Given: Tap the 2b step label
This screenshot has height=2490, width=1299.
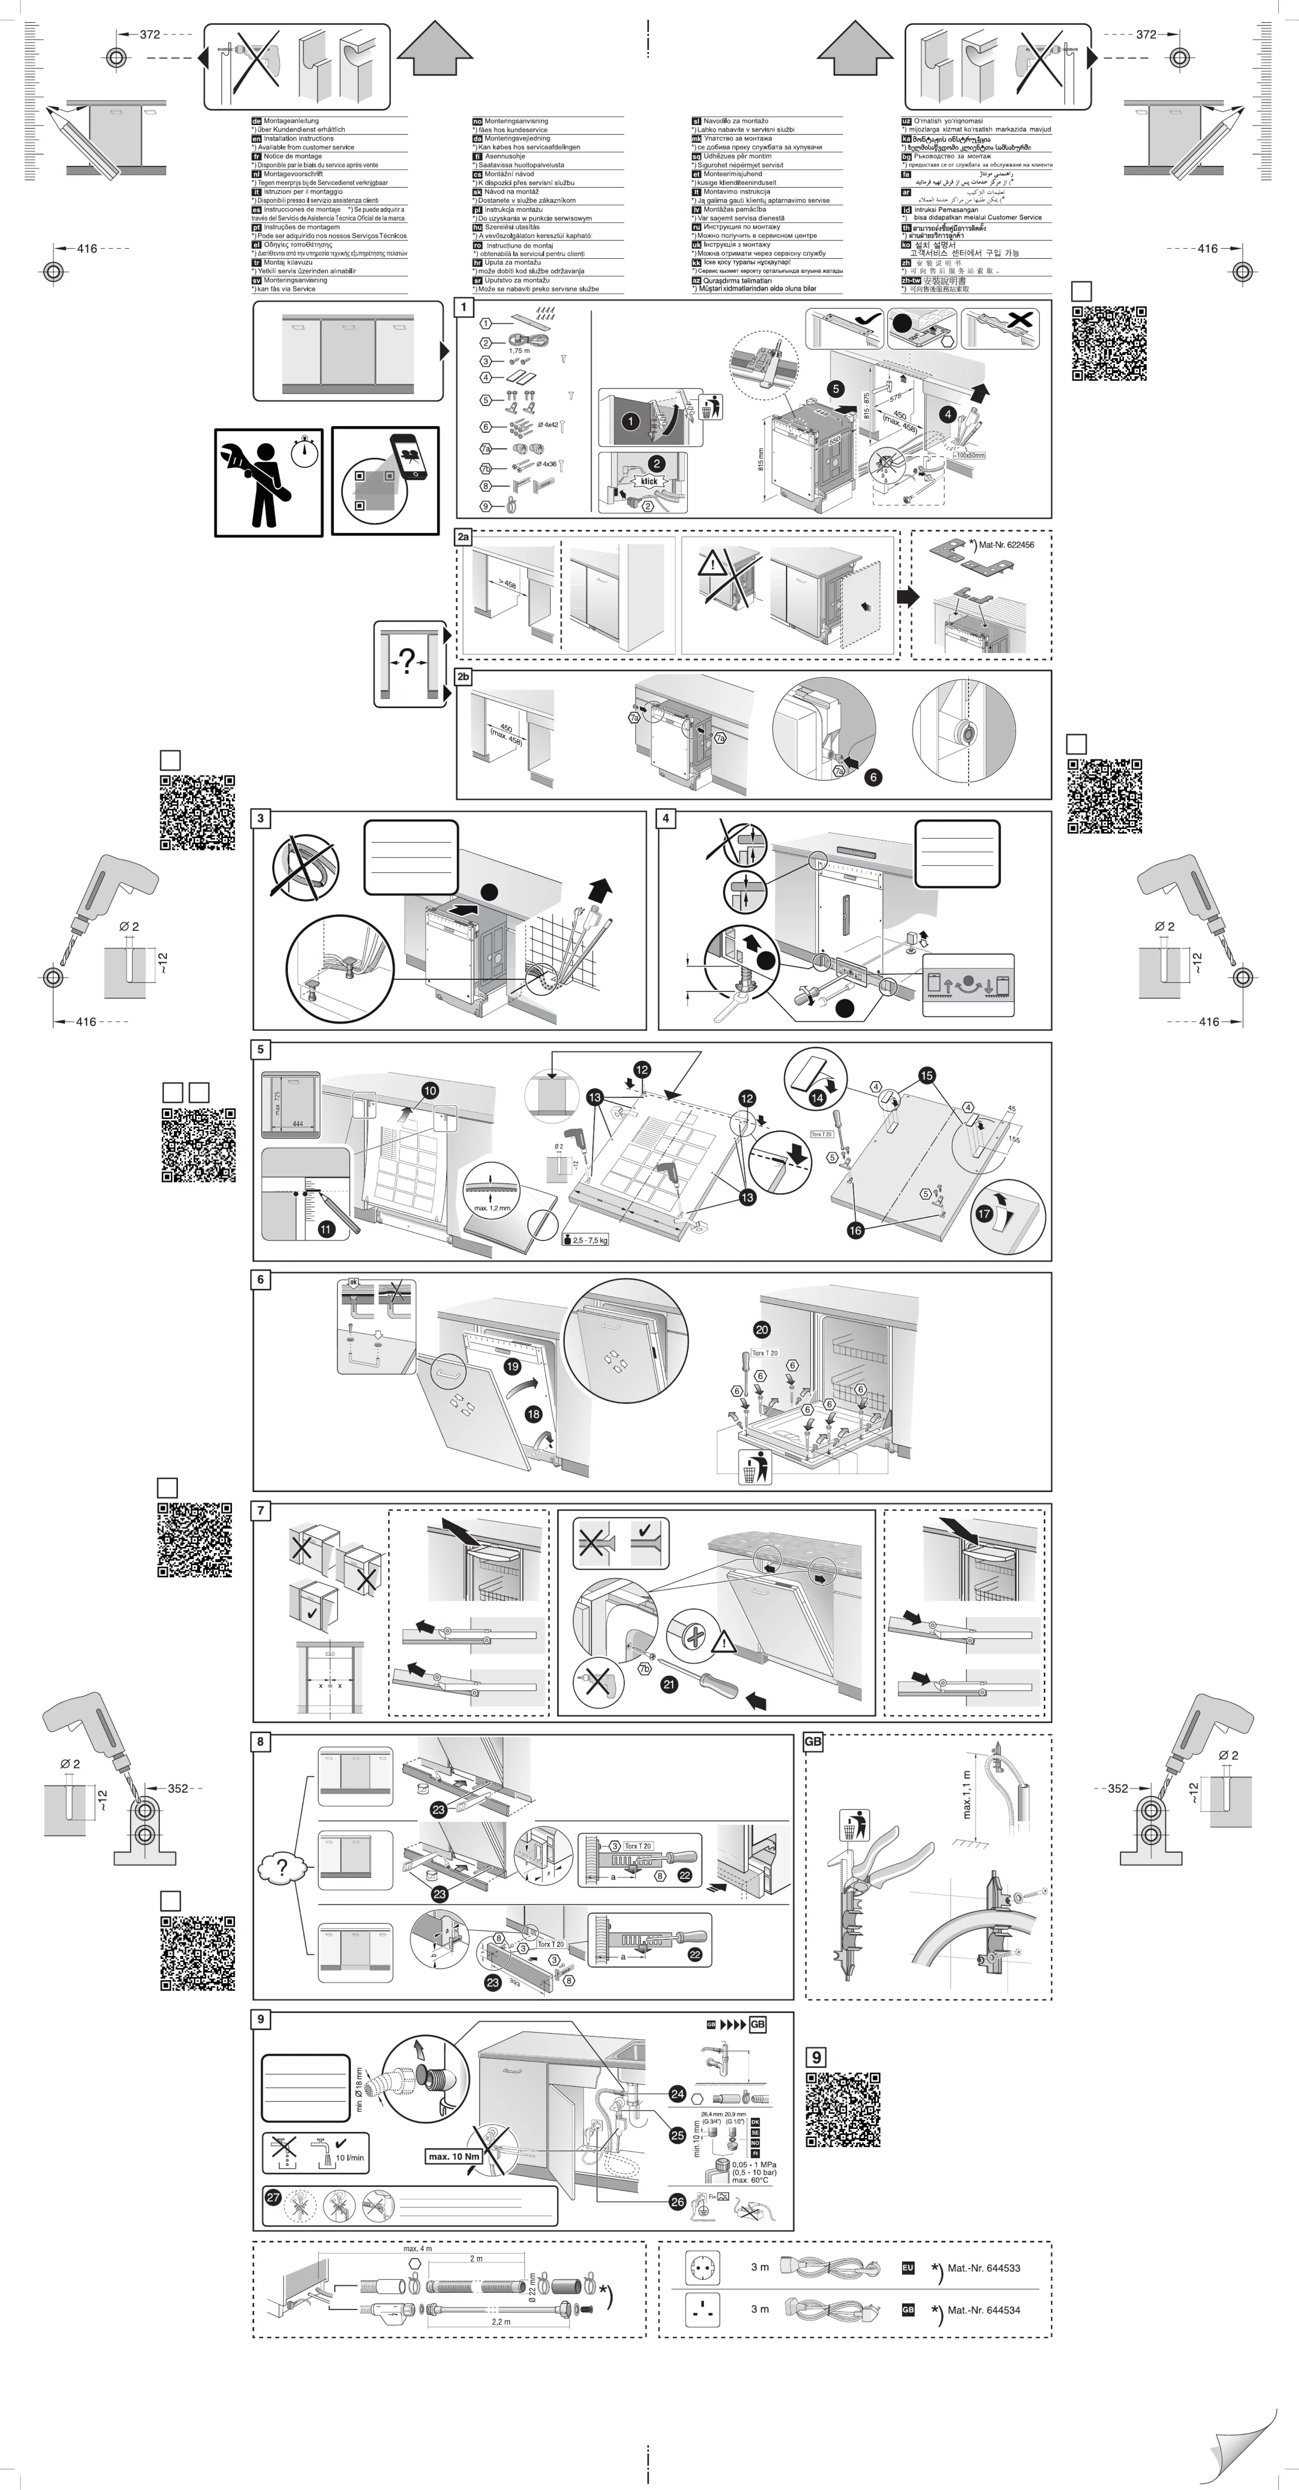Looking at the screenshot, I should pyautogui.click(x=464, y=678).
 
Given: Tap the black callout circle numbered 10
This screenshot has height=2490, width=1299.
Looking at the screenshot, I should pyautogui.click(x=430, y=1090).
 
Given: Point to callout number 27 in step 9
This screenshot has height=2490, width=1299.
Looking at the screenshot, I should pyautogui.click(x=273, y=2197).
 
